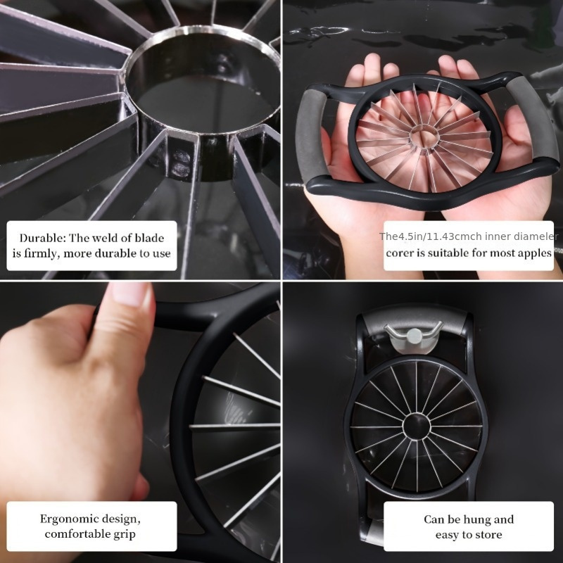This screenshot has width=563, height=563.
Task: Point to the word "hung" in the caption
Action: [479, 519]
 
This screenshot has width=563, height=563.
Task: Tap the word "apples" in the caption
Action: [533, 253]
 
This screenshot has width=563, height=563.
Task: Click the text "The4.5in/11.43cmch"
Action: [431, 236]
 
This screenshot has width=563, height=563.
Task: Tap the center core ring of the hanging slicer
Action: [416, 426]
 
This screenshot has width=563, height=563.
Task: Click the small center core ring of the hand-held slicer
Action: [424, 137]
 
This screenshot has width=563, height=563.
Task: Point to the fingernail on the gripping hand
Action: [130, 293]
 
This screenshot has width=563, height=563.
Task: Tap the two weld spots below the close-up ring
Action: [181, 163]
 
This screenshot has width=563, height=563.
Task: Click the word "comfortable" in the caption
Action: [77, 534]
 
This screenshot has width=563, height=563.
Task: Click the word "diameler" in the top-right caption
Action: [539, 236]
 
